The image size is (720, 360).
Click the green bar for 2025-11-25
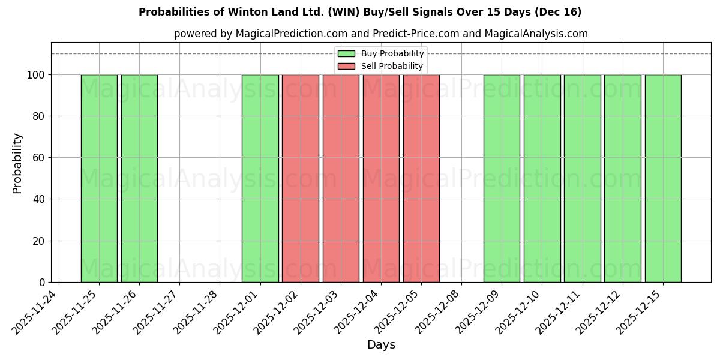pos(99,178)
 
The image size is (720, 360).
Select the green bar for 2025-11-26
pos(139,178)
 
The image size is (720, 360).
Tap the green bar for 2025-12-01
pos(260,178)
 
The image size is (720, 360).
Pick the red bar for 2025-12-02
pos(300,178)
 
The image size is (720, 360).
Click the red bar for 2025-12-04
pos(381,178)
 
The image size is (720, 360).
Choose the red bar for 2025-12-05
pos(421,178)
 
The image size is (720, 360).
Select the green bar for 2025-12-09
pos(502,178)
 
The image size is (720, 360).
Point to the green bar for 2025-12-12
pos(622,178)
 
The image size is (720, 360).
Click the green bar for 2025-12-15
pos(663,178)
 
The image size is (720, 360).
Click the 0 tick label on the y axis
pos(42,283)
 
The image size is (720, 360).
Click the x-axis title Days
pos(381,345)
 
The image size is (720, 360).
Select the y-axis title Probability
pos(17,163)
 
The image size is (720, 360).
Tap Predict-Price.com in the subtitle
pos(415,34)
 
